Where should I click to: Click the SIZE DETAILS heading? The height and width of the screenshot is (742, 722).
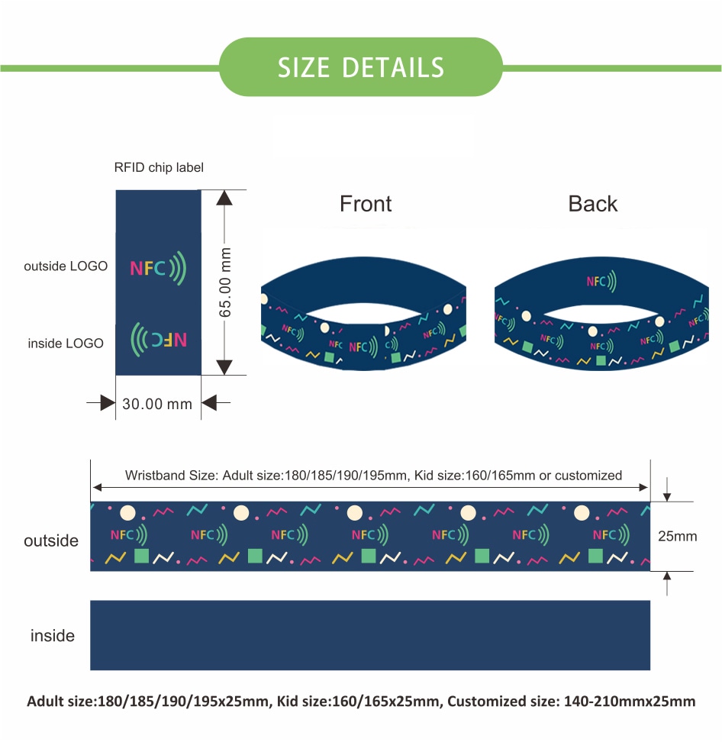pyautogui.click(x=360, y=67)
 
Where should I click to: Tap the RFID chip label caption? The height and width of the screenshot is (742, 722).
pyautogui.click(x=159, y=167)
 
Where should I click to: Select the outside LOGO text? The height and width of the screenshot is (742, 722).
pyautogui.click(x=66, y=266)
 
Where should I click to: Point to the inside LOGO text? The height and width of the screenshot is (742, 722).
pyautogui.click(x=66, y=343)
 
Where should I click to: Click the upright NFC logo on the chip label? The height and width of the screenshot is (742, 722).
pyautogui.click(x=158, y=268)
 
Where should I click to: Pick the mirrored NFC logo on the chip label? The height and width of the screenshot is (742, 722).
pyautogui.click(x=159, y=339)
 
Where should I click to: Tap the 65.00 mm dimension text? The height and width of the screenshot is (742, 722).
pyautogui.click(x=225, y=282)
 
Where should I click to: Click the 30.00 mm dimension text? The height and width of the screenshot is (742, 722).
pyautogui.click(x=157, y=404)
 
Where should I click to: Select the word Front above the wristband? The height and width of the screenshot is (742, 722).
pyautogui.click(x=366, y=204)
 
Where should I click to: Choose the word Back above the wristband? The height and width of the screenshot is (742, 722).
pyautogui.click(x=593, y=204)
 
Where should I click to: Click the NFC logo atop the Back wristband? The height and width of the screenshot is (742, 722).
pyautogui.click(x=601, y=281)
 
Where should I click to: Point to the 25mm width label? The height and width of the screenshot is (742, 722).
pyautogui.click(x=678, y=536)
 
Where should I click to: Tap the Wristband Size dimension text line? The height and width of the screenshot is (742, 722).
pyautogui.click(x=373, y=475)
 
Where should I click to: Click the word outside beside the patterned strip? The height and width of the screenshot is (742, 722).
pyautogui.click(x=51, y=540)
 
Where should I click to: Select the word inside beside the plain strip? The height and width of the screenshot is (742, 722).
pyautogui.click(x=53, y=636)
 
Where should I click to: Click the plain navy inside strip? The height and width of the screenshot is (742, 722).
pyautogui.click(x=370, y=635)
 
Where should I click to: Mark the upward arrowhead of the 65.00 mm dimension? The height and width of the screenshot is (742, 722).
pyautogui.click(x=224, y=198)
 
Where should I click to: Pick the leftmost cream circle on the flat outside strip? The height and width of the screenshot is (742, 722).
pyautogui.click(x=127, y=512)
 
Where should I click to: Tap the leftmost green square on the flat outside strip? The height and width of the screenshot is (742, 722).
pyautogui.click(x=141, y=556)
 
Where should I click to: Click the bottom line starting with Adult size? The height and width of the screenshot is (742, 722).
pyautogui.click(x=361, y=702)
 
